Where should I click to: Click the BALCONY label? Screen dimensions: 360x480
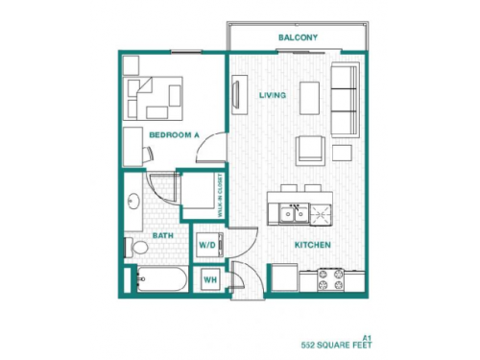click(298, 38)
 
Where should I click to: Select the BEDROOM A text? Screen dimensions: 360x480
click(174, 135)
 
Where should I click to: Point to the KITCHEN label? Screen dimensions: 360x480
click(313, 245)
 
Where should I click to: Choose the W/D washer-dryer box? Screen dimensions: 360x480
click(207, 246)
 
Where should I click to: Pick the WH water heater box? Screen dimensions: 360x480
click(208, 279)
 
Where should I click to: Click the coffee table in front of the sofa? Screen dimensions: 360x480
click(309, 97)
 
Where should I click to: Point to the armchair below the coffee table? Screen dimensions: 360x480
click(309, 150)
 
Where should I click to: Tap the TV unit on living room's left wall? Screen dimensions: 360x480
click(236, 95)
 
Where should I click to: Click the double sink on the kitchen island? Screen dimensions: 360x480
click(289, 213)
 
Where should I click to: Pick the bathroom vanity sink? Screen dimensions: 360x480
click(133, 202)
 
